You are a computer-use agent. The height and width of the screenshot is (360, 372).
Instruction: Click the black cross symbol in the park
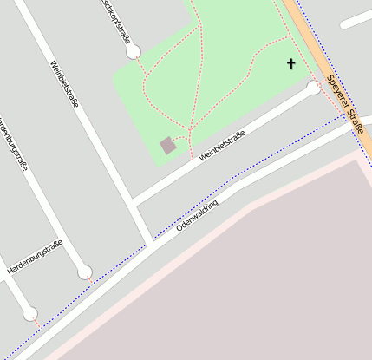click(x=291, y=63)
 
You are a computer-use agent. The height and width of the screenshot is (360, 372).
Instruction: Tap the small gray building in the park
click(x=168, y=145)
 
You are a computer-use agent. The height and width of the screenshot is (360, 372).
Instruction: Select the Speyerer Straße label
click(x=346, y=106)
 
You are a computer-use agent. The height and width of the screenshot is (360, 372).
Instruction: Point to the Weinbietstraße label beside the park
click(x=222, y=146)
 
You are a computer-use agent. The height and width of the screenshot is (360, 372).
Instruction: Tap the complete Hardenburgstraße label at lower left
click(x=35, y=258)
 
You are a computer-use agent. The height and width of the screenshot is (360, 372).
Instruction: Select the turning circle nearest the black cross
click(x=313, y=88)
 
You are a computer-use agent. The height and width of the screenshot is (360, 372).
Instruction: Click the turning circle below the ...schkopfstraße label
click(x=134, y=53)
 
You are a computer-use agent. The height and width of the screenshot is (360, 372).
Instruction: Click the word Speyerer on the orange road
click(x=337, y=94)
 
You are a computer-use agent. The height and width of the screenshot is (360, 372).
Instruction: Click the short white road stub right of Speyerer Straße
click(x=355, y=20)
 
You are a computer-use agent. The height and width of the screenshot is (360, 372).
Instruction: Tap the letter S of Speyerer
click(x=330, y=81)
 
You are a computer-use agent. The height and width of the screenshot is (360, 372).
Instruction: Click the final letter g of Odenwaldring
click(x=215, y=201)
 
